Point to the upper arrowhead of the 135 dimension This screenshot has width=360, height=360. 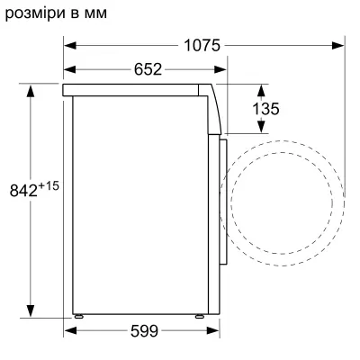262,88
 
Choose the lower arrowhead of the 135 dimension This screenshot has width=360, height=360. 262,132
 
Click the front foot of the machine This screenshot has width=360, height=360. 200,317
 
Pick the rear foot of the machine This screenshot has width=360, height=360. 79,317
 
